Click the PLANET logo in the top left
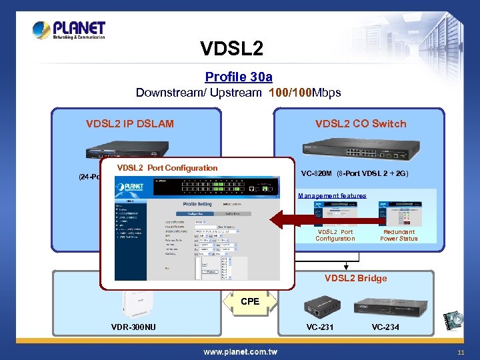tap(69, 31)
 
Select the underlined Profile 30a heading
tap(239, 77)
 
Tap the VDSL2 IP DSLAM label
tap(130, 123)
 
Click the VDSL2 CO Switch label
tap(361, 123)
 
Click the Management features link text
tap(332, 196)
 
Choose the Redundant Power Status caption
tap(399, 235)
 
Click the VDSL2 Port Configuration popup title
tap(167, 168)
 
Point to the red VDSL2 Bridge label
tap(355, 278)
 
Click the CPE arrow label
tap(250, 301)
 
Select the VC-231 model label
tap(321, 327)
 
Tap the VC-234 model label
tap(385, 327)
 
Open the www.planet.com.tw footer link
tap(240, 351)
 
